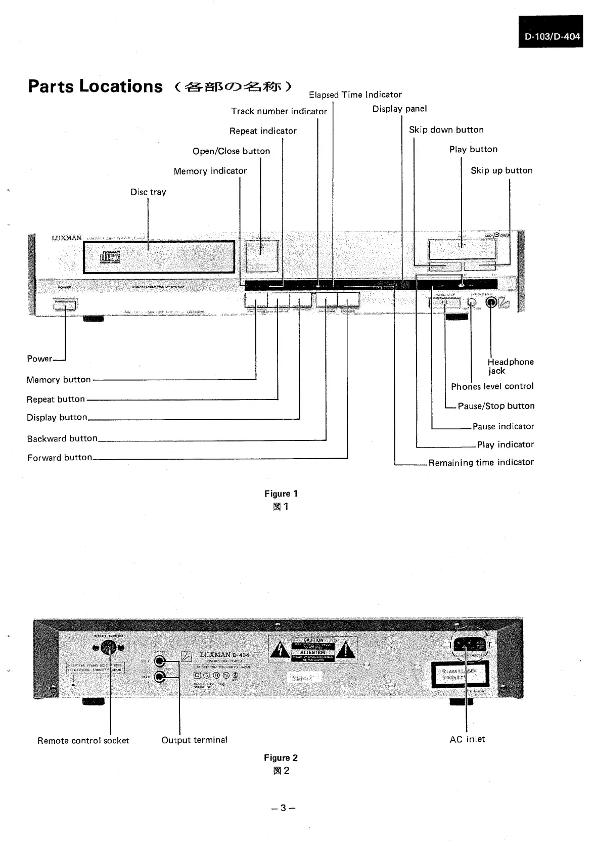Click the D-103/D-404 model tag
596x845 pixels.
coord(551,36)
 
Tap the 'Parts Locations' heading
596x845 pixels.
coord(96,86)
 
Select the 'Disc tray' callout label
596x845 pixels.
coord(148,192)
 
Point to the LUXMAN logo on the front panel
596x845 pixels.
coord(66,238)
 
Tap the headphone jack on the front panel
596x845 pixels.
coord(490,302)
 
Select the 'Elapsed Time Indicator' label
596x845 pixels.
coord(355,95)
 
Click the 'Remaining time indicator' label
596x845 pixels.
coord(481,462)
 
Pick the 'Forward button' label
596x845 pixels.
coord(60,457)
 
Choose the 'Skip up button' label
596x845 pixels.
coord(501,170)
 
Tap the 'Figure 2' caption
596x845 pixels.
coord(281,758)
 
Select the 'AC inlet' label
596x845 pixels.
coord(467,739)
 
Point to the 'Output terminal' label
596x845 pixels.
coord(194,740)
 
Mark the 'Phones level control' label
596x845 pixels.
coord(492,386)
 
